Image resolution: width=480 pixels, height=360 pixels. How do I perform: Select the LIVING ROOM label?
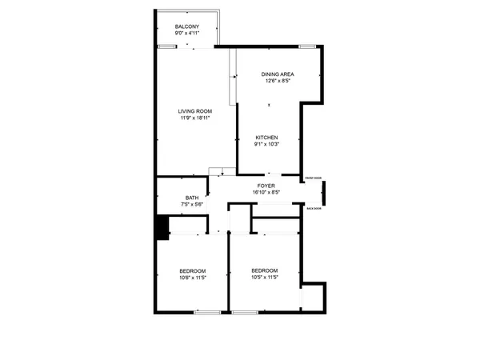pos(194,111)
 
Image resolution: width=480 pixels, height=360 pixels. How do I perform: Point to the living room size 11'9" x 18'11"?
pos(194,118)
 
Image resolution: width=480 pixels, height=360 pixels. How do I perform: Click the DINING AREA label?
pos(277,74)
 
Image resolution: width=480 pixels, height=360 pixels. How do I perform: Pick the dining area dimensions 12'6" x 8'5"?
pos(277,81)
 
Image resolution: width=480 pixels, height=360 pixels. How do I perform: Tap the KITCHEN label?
pos(266,138)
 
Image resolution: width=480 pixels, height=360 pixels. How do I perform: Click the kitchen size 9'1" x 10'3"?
pos(266,145)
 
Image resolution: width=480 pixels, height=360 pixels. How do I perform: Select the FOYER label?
pos(266,185)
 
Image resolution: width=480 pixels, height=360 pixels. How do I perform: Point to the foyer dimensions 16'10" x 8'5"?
pos(266,192)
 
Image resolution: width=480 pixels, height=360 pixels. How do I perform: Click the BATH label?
pos(192,198)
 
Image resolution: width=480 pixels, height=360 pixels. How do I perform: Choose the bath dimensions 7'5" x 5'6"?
pos(192,205)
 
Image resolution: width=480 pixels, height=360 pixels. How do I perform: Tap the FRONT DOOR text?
pos(313,178)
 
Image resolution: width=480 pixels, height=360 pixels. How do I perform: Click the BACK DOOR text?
pos(314,208)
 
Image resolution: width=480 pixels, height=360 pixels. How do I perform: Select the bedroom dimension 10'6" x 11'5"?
pos(193,278)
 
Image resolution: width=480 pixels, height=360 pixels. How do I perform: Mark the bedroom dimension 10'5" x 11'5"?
pos(264,277)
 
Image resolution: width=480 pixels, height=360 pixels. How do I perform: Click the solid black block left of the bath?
pos(162,228)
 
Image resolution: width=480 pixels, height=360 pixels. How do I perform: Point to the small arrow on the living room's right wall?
pos(234,77)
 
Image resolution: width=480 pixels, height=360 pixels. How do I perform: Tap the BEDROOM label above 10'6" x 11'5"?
pos(193,270)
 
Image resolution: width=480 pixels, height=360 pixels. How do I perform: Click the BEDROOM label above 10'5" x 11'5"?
pos(264,270)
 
